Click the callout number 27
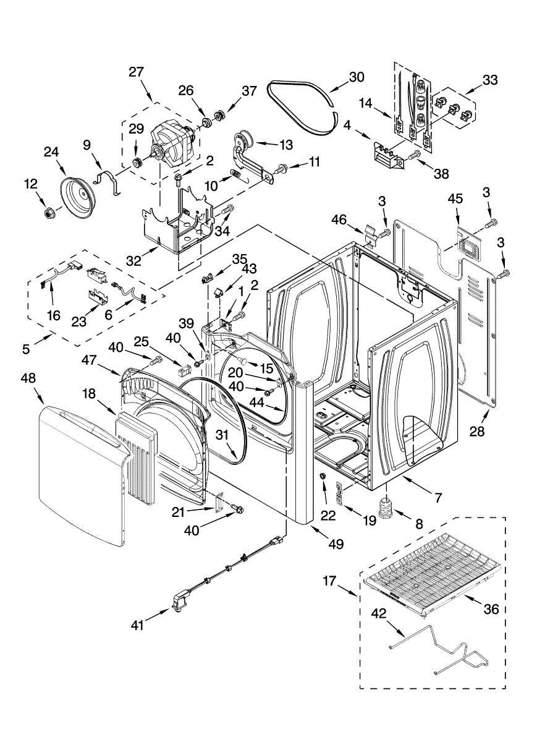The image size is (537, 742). pos(136,72)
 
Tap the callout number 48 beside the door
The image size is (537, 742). pos(28,378)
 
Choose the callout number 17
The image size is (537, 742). pos(329,581)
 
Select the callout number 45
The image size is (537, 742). pos(455,199)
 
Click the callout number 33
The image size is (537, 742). pos(490,80)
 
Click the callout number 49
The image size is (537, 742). pos(336,544)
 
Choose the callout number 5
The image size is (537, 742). pos(26,349)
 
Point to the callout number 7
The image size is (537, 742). pos(438,497)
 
